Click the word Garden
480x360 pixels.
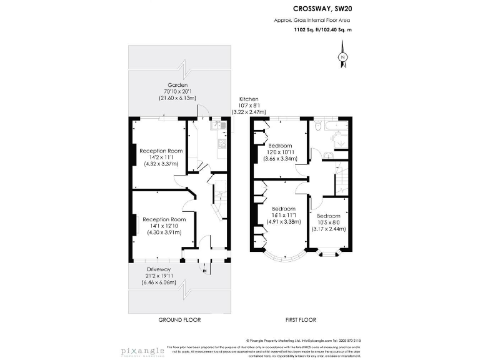[177, 85]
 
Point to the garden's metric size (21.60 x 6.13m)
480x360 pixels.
[177, 98]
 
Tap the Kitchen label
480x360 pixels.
[250, 99]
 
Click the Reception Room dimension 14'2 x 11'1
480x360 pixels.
[161, 157]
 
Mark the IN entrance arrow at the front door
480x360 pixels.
[205, 270]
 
